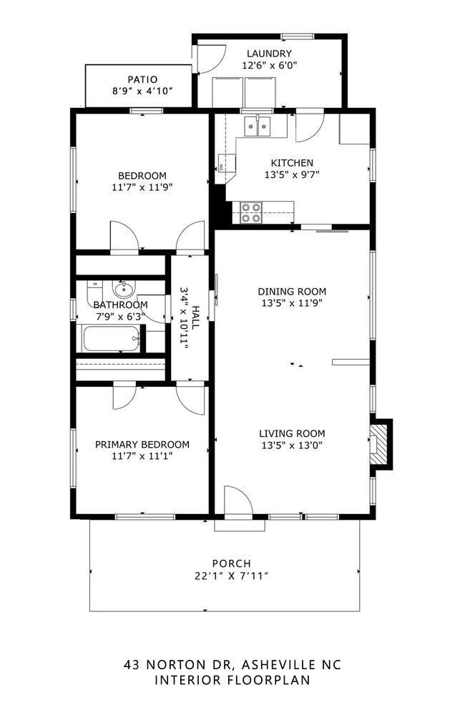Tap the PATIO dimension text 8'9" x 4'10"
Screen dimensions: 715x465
pos(142,92)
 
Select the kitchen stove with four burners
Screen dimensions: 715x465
pos(251,212)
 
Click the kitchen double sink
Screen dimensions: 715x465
pos(258,127)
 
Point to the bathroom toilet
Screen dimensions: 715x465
pos(94,292)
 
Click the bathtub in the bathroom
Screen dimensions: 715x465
pos(110,338)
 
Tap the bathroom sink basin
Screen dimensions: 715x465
pos(123,290)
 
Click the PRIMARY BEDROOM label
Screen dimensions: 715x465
pos(142,444)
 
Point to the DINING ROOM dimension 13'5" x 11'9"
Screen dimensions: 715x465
pos(292,303)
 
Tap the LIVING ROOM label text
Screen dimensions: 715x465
pos(292,433)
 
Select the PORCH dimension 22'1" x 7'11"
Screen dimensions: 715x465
pos(231,576)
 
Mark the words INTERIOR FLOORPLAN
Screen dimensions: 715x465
pos(232,680)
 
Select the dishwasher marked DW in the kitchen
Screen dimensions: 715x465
pos(223,165)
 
